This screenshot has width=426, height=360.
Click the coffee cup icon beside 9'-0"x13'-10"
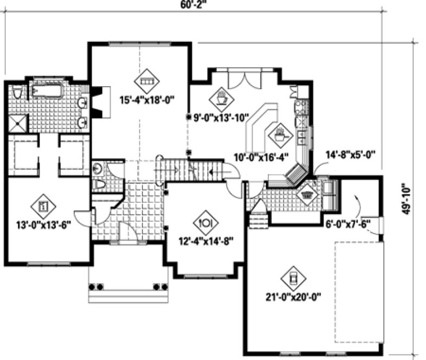(222, 99)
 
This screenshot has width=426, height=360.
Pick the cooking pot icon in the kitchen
(280, 133)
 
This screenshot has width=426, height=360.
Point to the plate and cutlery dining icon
(205, 222)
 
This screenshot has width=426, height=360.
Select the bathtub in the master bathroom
(47, 89)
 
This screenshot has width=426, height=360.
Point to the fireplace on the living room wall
(100, 102)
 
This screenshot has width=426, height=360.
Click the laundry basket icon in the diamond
(307, 194)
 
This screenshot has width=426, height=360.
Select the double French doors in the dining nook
(240, 80)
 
